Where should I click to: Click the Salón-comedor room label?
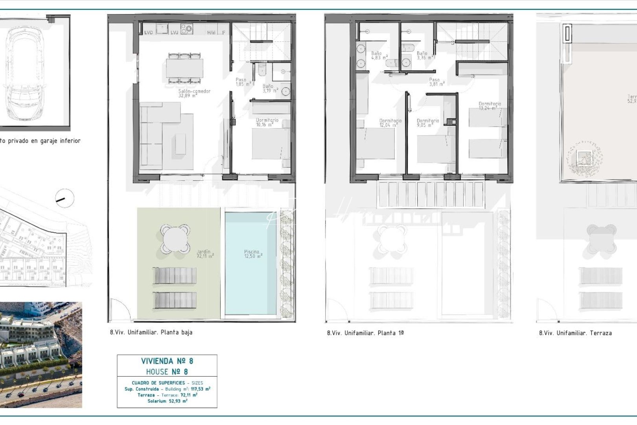pyautogui.click(x=194, y=93)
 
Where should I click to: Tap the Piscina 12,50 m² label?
pyautogui.click(x=253, y=254)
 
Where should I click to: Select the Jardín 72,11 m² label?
pyautogui.click(x=204, y=254)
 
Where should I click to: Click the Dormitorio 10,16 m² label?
pyautogui.click(x=267, y=122)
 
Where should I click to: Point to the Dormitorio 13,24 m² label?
pyautogui.click(x=489, y=106)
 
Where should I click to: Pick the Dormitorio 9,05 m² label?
pyautogui.click(x=427, y=123)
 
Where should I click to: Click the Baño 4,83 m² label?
pyautogui.click(x=379, y=55)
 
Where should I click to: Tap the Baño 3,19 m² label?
pyautogui.click(x=270, y=89)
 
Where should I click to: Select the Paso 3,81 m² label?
pyautogui.click(x=436, y=82)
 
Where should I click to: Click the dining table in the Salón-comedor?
pyautogui.click(x=184, y=68)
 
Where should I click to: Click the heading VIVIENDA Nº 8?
pyautogui.click(x=167, y=361)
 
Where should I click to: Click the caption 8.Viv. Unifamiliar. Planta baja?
pyautogui.click(x=151, y=332)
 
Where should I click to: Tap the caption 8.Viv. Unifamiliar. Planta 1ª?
pyautogui.click(x=365, y=333)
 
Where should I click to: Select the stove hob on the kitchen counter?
pyautogui.click(x=187, y=28)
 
